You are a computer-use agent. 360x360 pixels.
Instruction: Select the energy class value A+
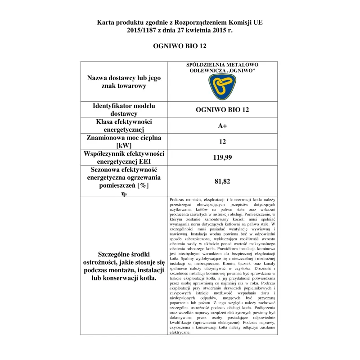coord(222,126)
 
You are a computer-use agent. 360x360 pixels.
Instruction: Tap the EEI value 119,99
coord(222,157)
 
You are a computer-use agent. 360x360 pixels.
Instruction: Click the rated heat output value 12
coord(222,142)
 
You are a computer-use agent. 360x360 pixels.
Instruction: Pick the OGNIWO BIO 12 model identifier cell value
coord(222,110)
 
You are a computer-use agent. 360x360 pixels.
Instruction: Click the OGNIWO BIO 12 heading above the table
coord(180,46)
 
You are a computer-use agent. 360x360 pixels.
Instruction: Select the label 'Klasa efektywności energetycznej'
coord(124,126)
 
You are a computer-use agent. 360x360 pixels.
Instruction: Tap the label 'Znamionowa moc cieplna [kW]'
coord(124,141)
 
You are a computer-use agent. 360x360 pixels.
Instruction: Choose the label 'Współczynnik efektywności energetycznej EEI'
coord(124,157)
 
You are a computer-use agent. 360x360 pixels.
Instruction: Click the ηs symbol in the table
coord(124,193)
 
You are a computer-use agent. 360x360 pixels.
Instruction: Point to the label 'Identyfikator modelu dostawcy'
coord(124,110)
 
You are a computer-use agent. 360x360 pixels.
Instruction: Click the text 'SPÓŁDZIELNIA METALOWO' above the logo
coord(222,65)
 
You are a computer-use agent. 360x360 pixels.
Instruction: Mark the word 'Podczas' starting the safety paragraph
coord(177,199)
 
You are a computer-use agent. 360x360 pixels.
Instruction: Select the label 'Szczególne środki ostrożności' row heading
coord(124,265)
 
